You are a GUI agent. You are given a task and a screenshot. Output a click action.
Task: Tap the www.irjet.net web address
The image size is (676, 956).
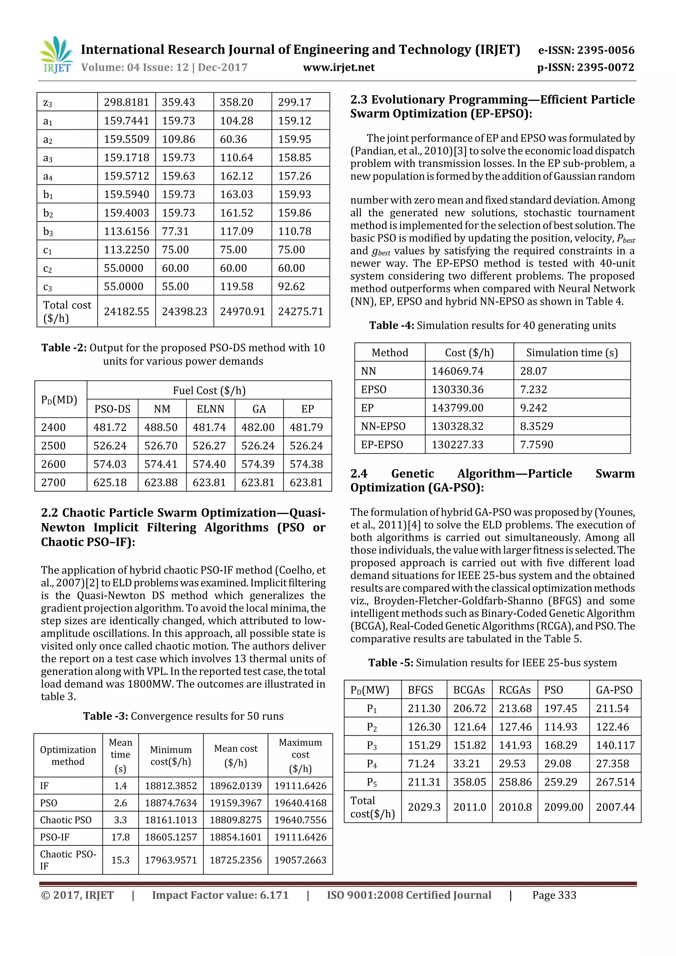(x=339, y=67)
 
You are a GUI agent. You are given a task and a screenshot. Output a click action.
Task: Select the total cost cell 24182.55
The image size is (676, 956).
(x=126, y=312)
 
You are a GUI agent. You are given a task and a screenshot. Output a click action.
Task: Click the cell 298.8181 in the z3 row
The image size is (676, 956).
(x=126, y=102)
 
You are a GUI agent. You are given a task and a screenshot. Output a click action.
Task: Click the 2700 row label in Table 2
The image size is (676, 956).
(x=53, y=482)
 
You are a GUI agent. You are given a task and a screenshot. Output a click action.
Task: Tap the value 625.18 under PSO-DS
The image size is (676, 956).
(x=110, y=482)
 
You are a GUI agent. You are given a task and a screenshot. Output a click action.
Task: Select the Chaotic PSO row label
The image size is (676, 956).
(x=65, y=820)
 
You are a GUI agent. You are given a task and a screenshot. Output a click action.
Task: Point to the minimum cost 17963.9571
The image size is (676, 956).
(x=171, y=860)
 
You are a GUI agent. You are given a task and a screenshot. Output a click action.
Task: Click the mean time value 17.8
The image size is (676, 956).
(x=120, y=837)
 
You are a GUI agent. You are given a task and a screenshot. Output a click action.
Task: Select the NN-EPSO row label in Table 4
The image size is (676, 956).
(x=383, y=426)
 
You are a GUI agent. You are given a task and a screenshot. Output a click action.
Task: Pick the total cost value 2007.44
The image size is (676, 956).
(x=615, y=807)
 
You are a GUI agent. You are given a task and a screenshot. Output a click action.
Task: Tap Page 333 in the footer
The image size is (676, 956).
(x=554, y=895)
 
